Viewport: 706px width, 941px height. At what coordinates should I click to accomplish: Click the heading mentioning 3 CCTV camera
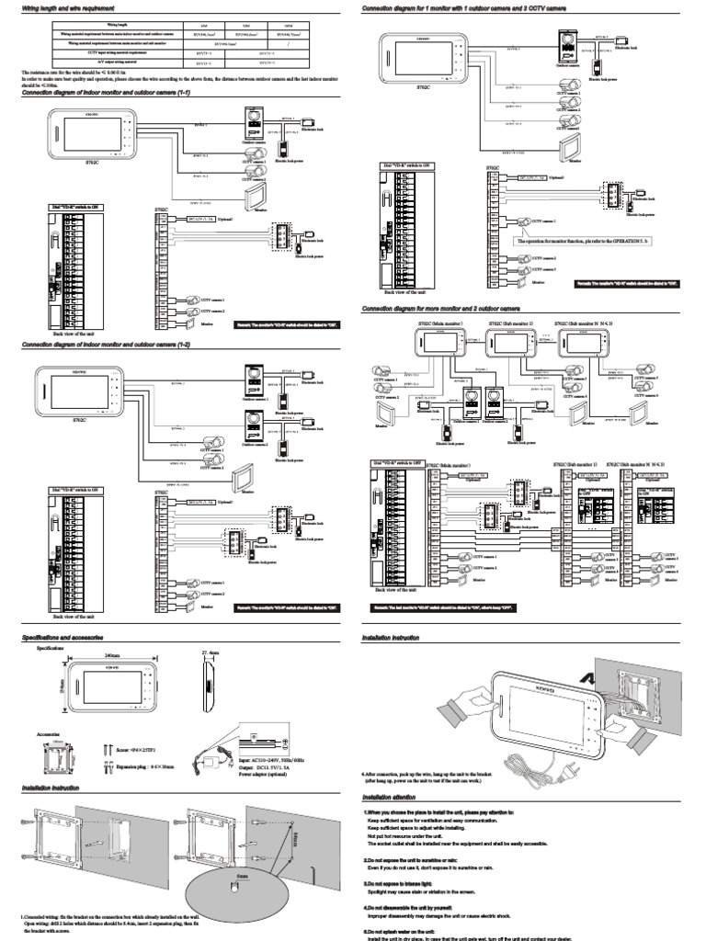464,7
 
